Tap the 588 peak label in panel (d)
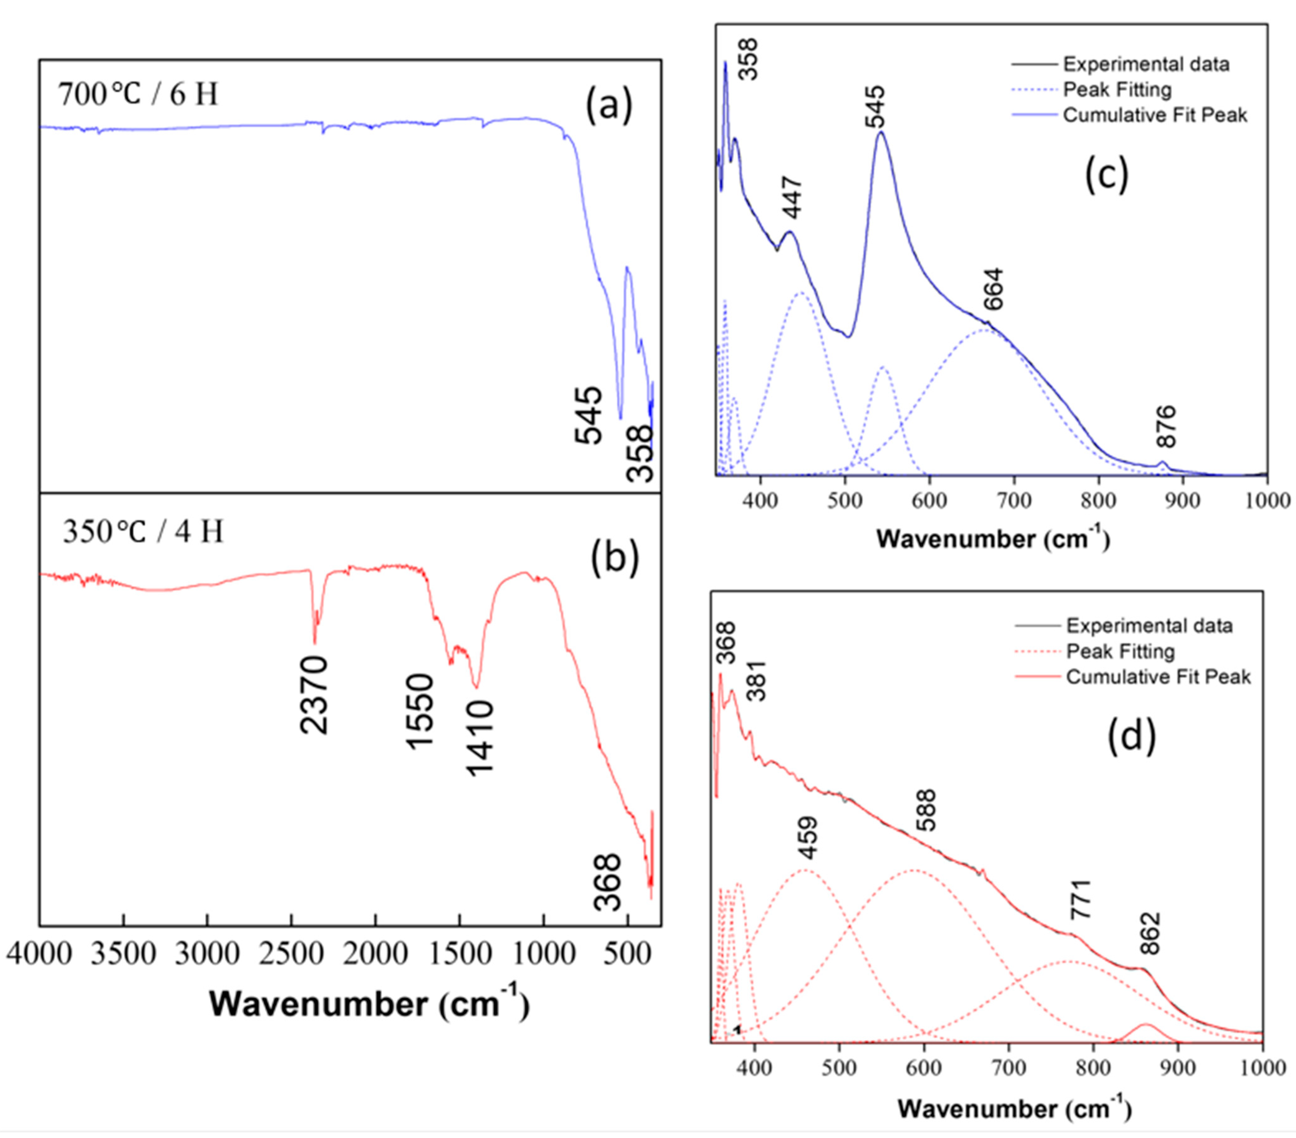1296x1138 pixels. (926, 810)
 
